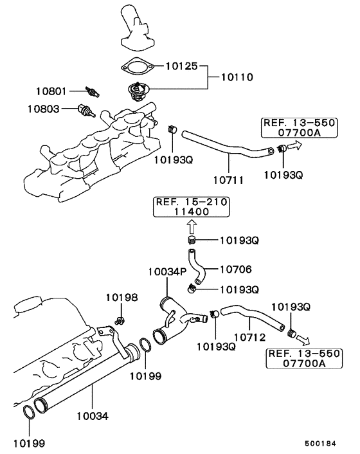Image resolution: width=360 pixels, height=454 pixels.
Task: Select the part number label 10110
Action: pyautogui.click(x=238, y=77)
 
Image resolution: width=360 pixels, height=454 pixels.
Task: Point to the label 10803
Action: pyautogui.click(x=44, y=109)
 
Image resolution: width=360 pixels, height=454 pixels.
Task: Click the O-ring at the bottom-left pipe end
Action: pyautogui.click(x=28, y=412)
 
